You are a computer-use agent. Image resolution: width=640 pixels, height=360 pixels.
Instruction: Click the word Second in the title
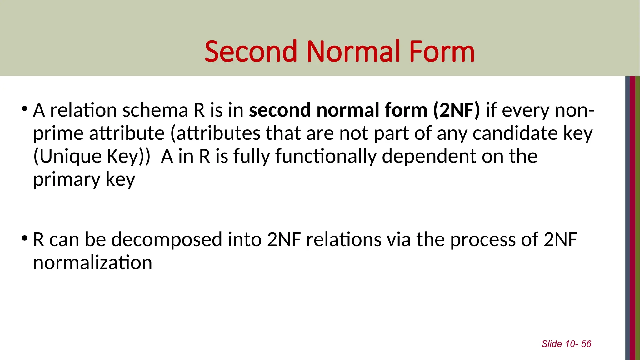click(x=250, y=52)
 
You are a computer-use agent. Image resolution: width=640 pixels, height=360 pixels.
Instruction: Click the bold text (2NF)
click(x=456, y=110)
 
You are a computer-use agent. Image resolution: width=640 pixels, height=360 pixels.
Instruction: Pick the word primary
click(x=66, y=180)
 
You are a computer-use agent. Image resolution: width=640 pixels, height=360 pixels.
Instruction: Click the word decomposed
click(x=167, y=240)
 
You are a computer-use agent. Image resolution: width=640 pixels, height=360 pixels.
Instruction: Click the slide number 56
click(x=586, y=344)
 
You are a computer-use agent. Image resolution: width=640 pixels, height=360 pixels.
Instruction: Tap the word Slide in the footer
click(x=552, y=344)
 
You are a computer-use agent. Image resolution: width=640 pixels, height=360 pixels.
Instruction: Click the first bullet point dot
click(x=24, y=109)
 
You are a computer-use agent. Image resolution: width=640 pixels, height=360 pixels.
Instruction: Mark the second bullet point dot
click(x=24, y=239)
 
